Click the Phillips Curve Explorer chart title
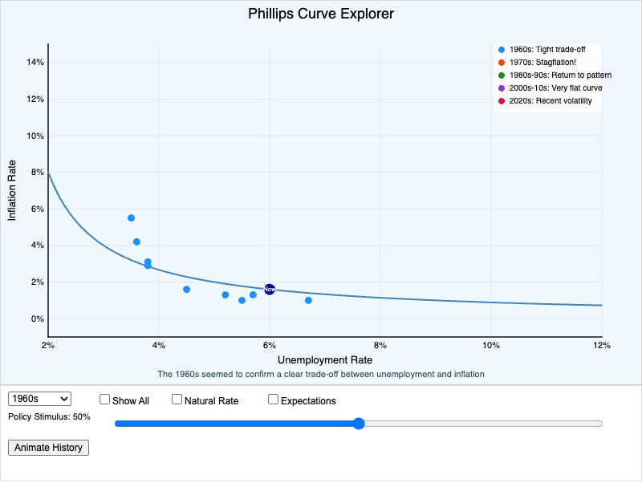coord(321,14)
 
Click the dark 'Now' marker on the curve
coord(270,289)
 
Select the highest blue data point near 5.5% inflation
coord(131,218)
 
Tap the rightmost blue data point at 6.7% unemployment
coord(308,300)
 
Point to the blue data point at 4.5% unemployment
coord(186,290)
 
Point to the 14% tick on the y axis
coord(35,63)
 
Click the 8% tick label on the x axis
coord(380,345)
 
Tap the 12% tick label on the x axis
coord(601,345)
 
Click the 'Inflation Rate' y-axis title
coord(12,190)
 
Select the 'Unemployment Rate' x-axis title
coord(325,359)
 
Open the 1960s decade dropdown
coord(39,399)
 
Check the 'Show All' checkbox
coord(104,400)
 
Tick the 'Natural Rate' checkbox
coord(177,400)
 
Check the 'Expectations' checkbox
coord(273,400)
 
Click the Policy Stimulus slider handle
coord(359,424)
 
